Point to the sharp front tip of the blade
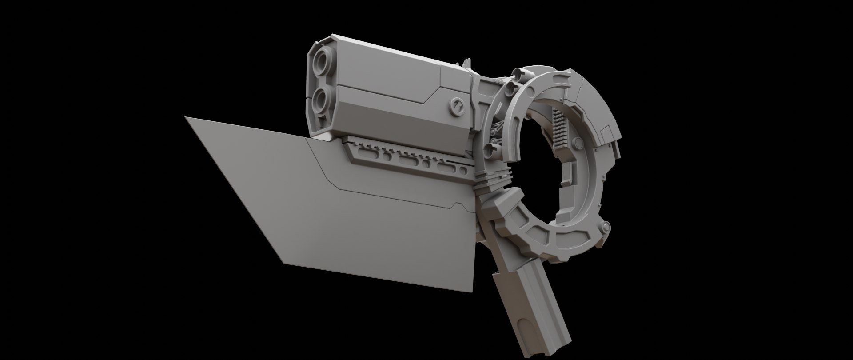click(x=186, y=118)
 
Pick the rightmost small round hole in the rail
click(x=463, y=170)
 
